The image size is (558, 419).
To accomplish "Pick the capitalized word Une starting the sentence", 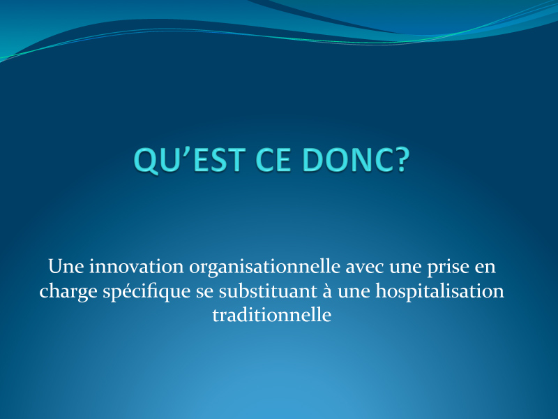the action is (66, 267).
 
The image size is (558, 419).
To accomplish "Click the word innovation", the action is (136, 267).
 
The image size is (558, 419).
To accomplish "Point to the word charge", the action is (68, 292).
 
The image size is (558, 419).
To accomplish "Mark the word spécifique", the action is (146, 292).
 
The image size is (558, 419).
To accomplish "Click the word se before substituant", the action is (204, 292).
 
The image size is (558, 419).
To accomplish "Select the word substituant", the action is (268, 291).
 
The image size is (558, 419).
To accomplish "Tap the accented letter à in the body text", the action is (327, 291).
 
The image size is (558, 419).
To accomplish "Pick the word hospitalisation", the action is (440, 292).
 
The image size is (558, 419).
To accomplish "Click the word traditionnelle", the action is (272, 315).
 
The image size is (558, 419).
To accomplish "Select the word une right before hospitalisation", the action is (354, 292).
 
